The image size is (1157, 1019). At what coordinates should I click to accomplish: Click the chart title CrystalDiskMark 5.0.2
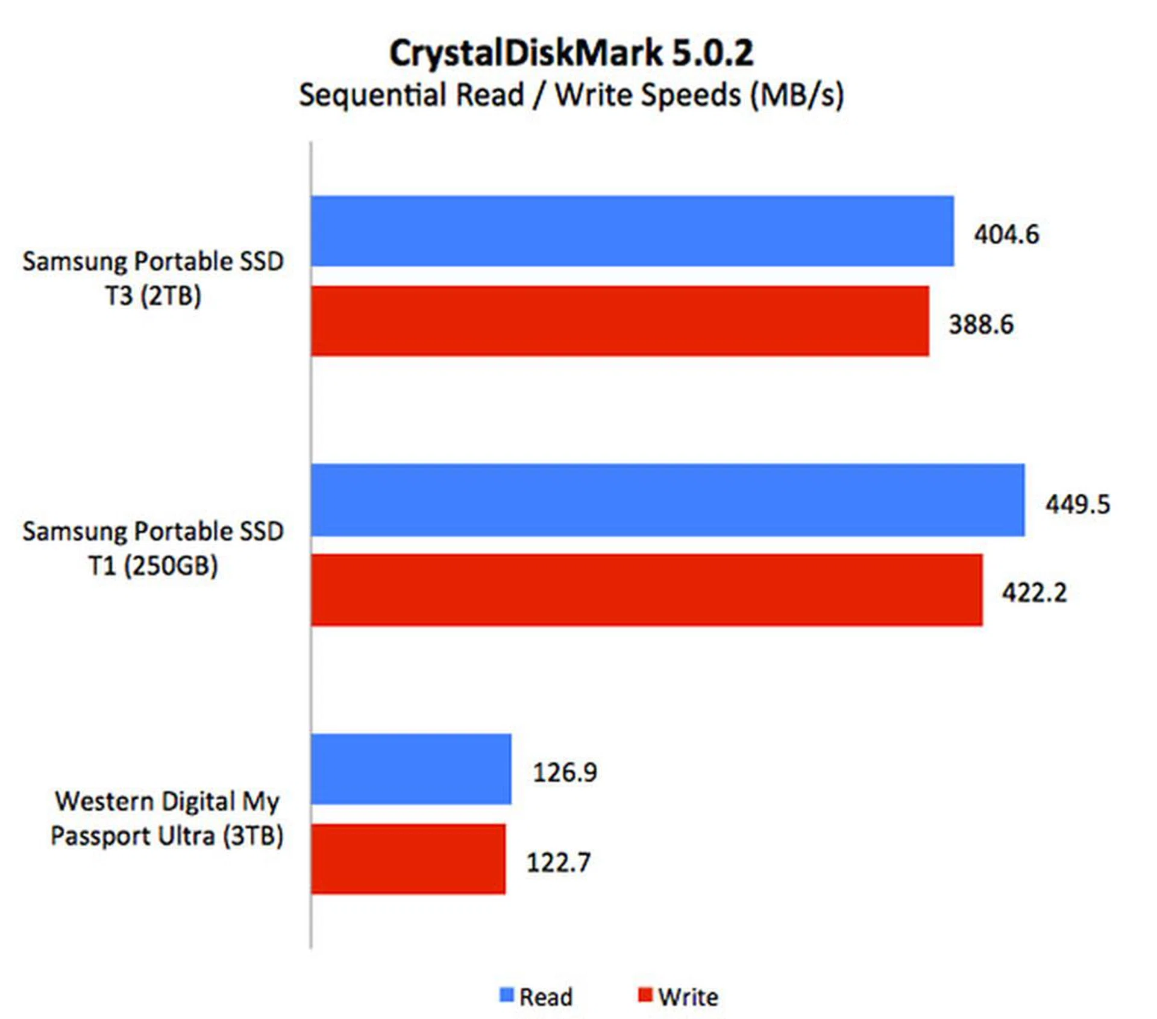point(571,53)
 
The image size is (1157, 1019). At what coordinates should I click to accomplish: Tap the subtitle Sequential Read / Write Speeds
point(571,95)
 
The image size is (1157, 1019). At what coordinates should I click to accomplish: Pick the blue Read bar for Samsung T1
point(667,500)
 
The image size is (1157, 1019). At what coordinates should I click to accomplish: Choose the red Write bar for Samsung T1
point(646,590)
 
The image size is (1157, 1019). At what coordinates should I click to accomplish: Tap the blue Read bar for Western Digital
point(411,769)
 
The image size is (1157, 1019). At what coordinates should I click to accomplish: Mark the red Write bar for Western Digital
point(408,859)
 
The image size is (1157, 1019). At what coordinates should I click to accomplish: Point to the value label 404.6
point(1006,235)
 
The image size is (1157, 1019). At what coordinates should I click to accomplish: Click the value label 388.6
point(981,324)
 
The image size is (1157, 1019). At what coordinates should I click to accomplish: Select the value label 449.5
point(1077,504)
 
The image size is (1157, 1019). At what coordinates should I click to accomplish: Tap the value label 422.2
point(1034,593)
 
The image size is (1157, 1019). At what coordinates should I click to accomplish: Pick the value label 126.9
point(565,772)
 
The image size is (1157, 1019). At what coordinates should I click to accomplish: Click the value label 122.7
point(559,862)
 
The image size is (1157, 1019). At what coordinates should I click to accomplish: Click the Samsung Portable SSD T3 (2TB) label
point(153,279)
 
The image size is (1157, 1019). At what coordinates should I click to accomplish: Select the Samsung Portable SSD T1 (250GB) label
point(153,548)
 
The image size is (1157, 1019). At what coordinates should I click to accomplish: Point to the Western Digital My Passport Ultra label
point(166,818)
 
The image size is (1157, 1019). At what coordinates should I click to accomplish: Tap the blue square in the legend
point(506,995)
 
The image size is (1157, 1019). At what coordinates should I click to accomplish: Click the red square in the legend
point(645,995)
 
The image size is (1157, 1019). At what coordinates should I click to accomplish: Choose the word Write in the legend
point(688,997)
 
